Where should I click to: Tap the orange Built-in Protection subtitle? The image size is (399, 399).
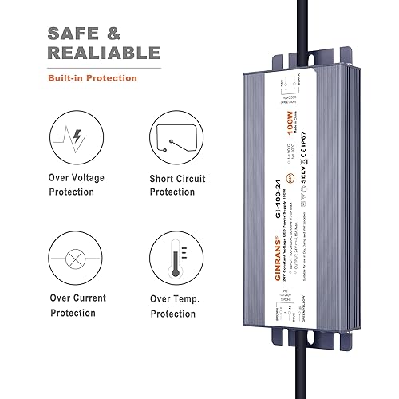point(92,78)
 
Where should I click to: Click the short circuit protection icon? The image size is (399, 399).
point(176,140)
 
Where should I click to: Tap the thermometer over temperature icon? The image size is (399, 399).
point(176,256)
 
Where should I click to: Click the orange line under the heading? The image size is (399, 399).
point(92,68)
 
